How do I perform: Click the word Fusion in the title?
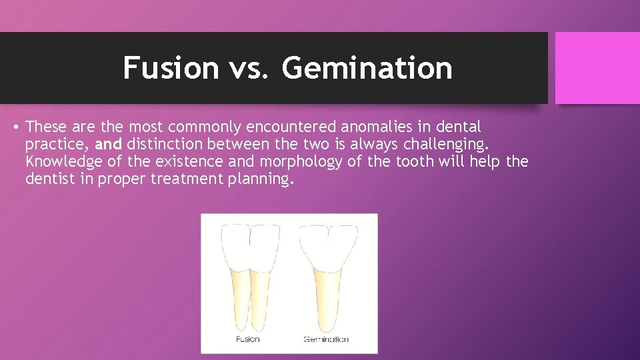point(171,67)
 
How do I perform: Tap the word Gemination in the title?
point(367,67)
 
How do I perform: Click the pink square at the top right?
point(597,68)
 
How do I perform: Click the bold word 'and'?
point(109,144)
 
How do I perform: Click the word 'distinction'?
point(165,144)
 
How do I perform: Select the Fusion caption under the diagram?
point(248,339)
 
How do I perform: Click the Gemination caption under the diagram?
point(326,339)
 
